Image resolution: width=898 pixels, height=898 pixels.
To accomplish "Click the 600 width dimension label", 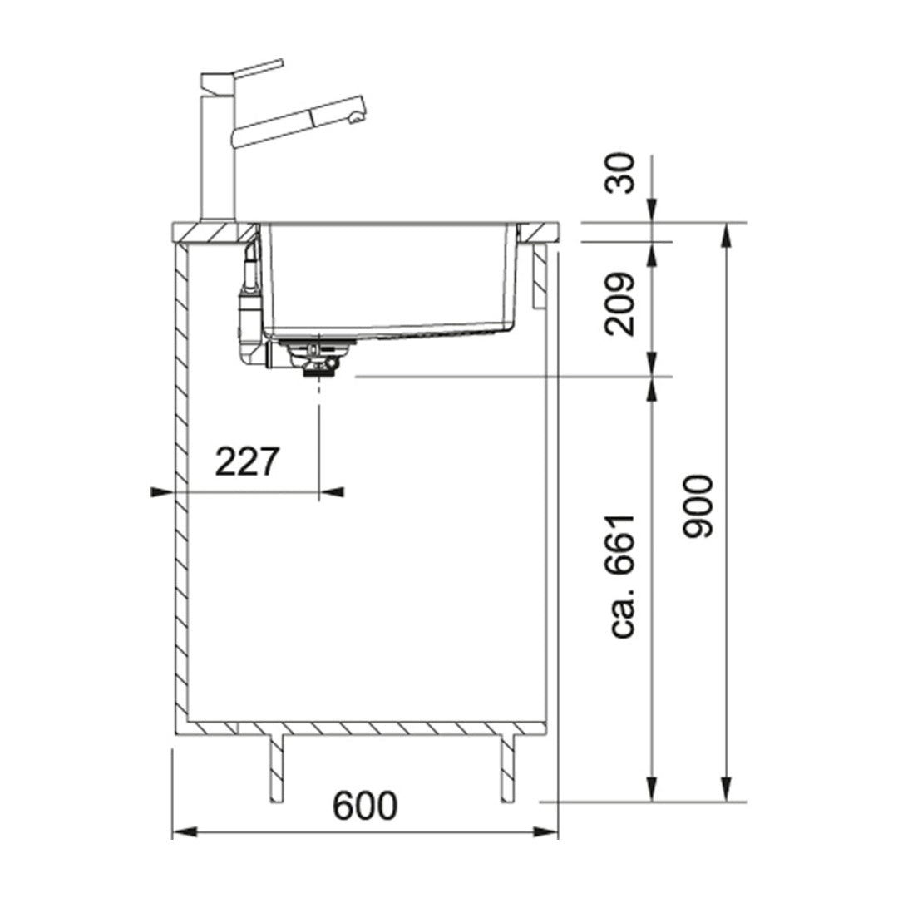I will [365, 806].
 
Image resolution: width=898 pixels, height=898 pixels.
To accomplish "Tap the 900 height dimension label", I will [697, 506].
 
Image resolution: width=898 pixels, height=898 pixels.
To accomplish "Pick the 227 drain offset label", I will [247, 462].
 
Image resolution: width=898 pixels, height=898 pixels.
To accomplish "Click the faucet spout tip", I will [357, 116].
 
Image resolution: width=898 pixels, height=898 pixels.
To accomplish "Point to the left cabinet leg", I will [276, 767].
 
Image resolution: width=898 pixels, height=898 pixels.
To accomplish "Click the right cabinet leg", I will [508, 767].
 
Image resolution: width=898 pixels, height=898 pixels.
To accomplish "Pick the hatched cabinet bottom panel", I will [366, 728].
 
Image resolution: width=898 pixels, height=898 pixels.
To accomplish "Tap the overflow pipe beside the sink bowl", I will [249, 308].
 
